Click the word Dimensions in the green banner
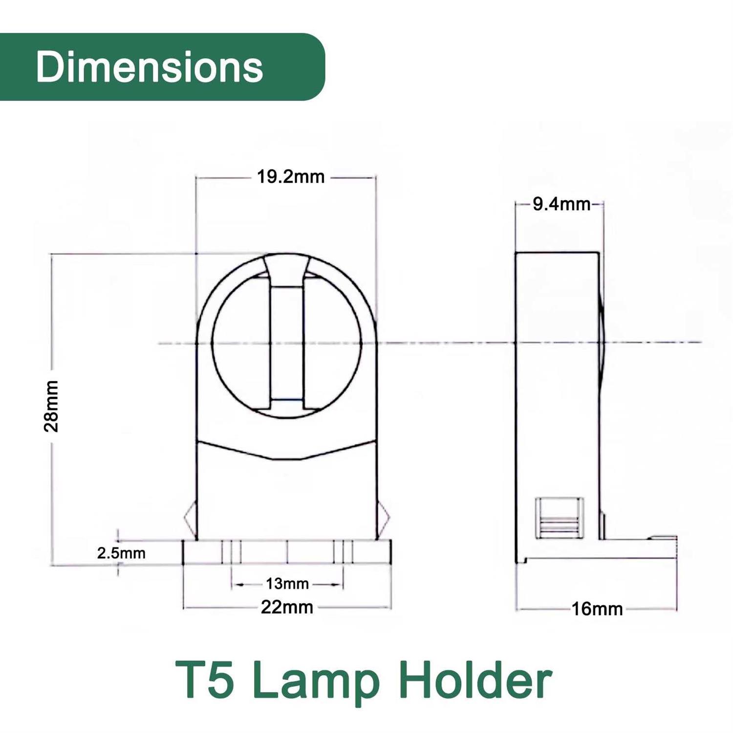click(149, 67)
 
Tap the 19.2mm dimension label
click(291, 177)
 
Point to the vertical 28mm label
click(51, 406)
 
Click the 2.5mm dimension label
click(121, 553)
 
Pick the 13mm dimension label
click(287, 583)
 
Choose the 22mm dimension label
click(287, 607)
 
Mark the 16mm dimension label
click(597, 609)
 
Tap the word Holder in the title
click(475, 681)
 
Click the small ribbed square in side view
click(559, 518)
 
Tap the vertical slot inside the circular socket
click(286, 342)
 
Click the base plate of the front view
click(287, 552)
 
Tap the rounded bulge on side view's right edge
click(603, 342)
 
